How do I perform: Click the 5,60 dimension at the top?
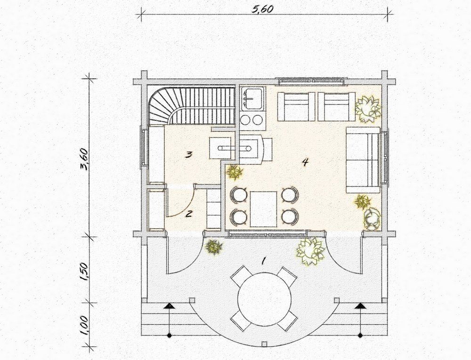point(262,9)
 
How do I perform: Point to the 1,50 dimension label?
point(84,272)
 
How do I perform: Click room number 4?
point(305,162)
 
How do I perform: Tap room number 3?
point(188,155)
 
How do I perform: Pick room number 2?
point(189,214)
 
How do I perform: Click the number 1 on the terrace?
point(263,261)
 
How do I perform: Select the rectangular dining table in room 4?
point(263,209)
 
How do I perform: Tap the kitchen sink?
point(254,98)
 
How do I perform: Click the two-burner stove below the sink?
point(253,120)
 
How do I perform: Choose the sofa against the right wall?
point(364,160)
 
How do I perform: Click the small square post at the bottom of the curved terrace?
point(264,344)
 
